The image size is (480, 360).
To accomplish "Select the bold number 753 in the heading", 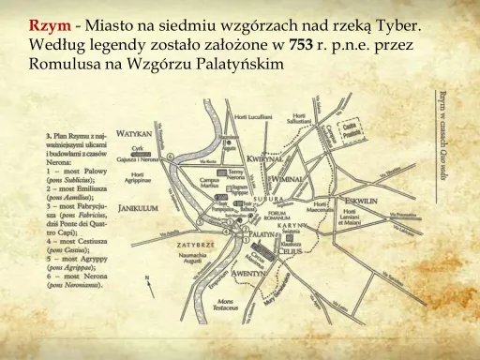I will tap(302, 45).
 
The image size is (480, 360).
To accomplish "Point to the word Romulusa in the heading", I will tap(70, 64).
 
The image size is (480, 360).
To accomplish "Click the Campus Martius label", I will tap(208, 187).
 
